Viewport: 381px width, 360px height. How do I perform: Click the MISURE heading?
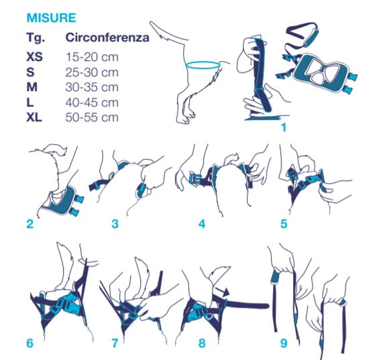(51, 18)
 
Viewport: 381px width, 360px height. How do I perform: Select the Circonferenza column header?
(107, 38)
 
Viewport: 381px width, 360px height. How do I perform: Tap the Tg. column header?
(36, 38)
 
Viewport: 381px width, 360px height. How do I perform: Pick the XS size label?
(34, 57)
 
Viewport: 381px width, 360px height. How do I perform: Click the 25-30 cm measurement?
(92, 72)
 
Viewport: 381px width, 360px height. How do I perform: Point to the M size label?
(32, 87)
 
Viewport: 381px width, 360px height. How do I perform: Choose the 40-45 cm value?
(92, 103)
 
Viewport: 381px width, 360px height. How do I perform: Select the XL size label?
(34, 117)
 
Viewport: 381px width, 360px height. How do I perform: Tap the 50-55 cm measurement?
(92, 117)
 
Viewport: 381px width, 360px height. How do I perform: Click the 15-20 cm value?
(92, 57)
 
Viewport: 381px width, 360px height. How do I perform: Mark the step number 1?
(284, 127)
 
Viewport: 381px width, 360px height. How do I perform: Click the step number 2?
(30, 224)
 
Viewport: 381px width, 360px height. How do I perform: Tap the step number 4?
(202, 224)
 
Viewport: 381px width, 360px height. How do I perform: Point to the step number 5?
(284, 224)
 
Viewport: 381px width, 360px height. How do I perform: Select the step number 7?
(115, 343)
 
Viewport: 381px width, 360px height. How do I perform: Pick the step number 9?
(284, 343)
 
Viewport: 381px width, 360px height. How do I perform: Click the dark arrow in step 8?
(222, 291)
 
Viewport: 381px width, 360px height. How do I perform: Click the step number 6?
(30, 343)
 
